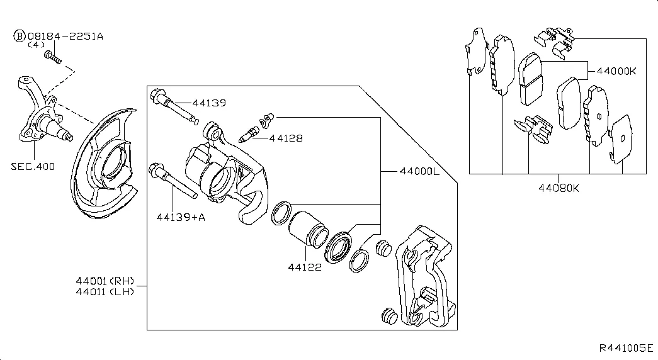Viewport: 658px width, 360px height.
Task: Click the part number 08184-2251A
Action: [x=65, y=37]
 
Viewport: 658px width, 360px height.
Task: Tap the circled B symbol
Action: [x=20, y=37]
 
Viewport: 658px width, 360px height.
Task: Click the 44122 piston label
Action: [x=306, y=267]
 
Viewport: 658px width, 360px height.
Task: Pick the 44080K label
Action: [x=558, y=188]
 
